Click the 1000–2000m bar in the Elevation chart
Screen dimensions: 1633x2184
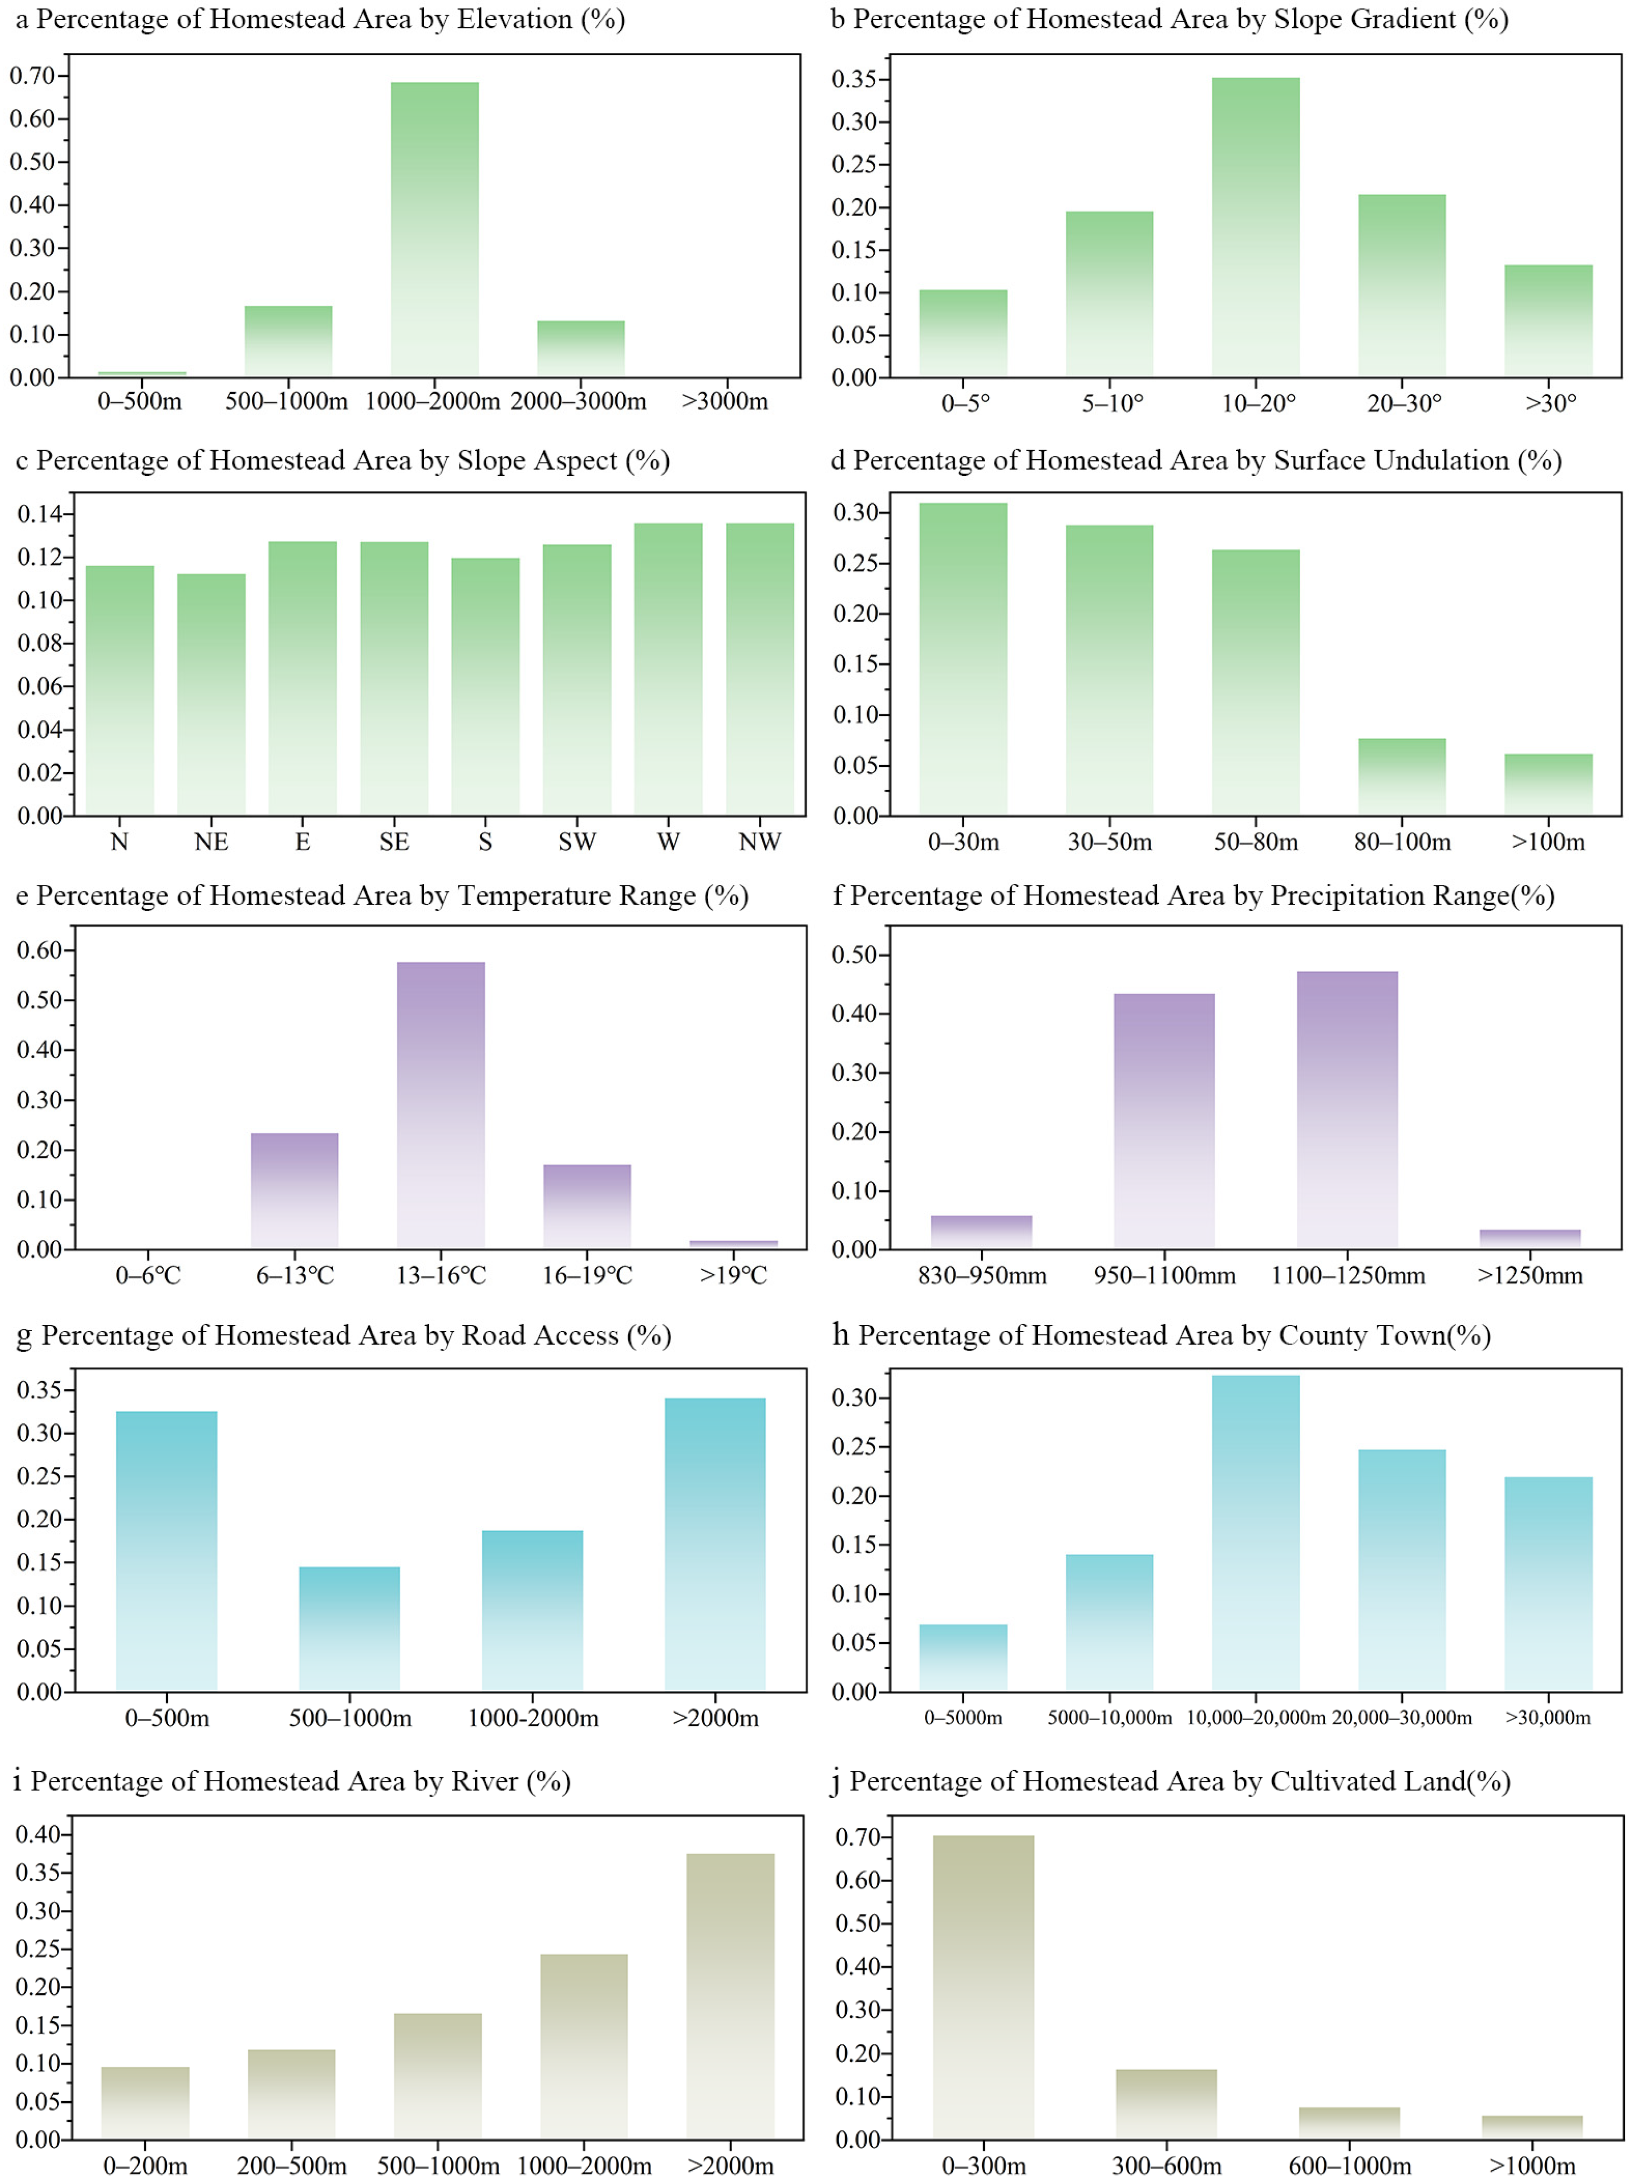(x=434, y=229)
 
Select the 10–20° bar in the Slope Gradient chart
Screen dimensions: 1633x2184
(x=1256, y=227)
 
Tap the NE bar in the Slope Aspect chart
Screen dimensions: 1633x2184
(x=211, y=694)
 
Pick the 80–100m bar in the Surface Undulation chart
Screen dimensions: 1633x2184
(x=1402, y=777)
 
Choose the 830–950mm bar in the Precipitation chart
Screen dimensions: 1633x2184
(x=981, y=1232)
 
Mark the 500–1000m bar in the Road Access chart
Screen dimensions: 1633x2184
(x=349, y=1629)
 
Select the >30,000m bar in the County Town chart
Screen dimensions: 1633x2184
(x=1548, y=1584)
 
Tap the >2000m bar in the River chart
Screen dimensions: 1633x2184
(x=731, y=1996)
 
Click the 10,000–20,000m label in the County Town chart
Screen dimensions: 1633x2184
(x=1256, y=1718)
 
